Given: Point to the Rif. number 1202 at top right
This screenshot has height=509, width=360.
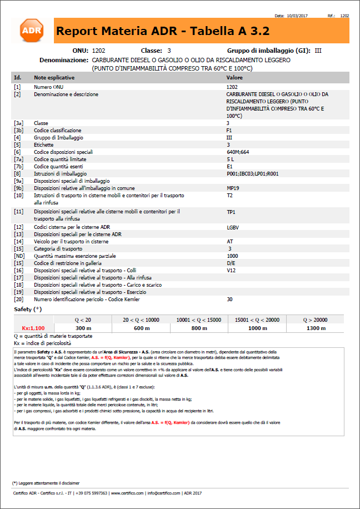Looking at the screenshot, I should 344,16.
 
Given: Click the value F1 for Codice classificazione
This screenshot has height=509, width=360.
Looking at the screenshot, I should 229,130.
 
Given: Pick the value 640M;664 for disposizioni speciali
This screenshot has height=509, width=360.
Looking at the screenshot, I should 238,152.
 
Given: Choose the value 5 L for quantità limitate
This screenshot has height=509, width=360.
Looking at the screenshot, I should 231,159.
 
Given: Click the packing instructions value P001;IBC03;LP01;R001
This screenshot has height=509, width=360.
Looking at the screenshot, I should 253,173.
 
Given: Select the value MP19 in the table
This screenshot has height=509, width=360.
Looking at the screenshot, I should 233,188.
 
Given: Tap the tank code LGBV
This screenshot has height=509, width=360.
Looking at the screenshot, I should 233,227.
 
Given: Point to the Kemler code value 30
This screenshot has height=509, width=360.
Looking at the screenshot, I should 229,300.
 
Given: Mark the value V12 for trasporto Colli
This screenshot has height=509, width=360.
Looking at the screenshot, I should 231,270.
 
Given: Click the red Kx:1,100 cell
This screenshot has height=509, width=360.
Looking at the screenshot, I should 33,328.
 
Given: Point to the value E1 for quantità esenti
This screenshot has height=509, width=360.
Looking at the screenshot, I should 229,166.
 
